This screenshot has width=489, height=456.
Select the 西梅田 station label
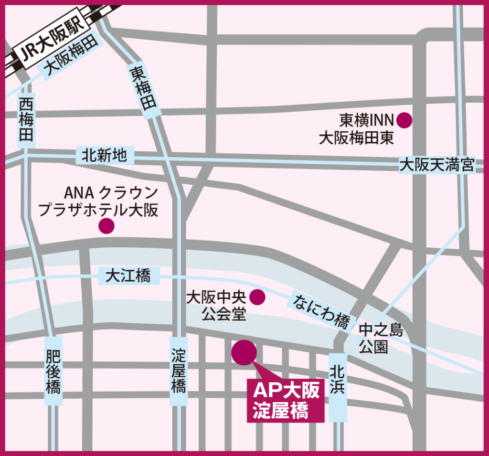point(27,119)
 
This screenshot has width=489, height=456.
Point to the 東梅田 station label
point(144,88)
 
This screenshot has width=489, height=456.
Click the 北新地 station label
point(105,155)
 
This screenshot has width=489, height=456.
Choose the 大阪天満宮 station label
point(436,165)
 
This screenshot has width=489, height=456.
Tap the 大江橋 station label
point(128,276)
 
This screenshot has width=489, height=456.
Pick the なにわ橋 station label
point(321,312)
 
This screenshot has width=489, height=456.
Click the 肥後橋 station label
point(53,372)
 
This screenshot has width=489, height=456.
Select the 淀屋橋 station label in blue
point(179,371)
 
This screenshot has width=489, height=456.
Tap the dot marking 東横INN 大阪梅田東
point(404,120)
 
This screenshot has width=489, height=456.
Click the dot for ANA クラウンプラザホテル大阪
point(106,226)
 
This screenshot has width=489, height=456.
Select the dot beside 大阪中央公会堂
point(257,297)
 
